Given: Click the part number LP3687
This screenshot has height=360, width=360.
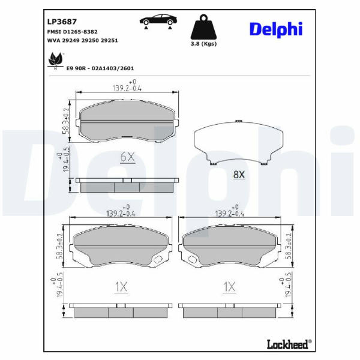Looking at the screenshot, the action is point(62,22).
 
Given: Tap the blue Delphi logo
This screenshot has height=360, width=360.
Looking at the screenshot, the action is point(276,29).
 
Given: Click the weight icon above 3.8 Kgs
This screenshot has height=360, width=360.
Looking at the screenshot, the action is point(203,27).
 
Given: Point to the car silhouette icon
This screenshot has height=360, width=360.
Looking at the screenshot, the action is point(158,22).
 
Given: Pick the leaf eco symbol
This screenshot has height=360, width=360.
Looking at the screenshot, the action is point(55,60).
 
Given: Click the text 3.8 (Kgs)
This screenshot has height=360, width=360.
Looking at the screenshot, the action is point(203,44).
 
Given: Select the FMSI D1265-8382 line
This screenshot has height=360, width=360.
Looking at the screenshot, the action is point(73,32).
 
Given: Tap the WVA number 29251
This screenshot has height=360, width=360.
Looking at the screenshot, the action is point(110,40).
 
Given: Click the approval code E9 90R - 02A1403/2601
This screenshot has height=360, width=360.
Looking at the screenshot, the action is point(100,68).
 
